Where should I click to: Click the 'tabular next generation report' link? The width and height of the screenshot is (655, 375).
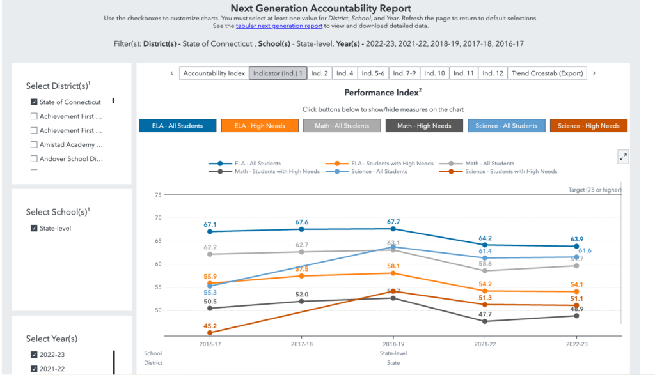[279, 26]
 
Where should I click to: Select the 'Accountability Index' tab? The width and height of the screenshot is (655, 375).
[214, 73]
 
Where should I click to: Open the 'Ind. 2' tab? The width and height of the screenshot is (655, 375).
[319, 73]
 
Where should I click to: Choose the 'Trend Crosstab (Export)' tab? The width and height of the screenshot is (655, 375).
[547, 73]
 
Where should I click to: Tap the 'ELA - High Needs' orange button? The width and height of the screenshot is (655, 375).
[260, 126]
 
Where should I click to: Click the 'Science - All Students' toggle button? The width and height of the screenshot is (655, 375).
[507, 126]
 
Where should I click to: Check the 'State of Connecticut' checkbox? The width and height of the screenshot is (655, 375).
[34, 102]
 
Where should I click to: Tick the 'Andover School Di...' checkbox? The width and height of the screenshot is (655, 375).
[34, 158]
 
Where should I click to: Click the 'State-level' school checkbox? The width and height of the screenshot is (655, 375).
[34, 228]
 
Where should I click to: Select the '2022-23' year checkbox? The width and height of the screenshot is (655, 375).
[34, 355]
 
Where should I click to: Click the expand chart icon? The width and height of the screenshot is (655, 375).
[622, 157]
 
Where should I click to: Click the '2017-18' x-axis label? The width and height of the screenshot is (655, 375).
[301, 343]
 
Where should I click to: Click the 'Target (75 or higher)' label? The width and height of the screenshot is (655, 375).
[595, 190]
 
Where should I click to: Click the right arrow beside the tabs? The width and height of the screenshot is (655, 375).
[594, 73]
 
